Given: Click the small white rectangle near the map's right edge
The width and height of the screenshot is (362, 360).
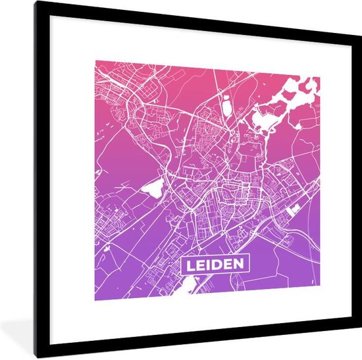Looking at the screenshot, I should [x=294, y=209].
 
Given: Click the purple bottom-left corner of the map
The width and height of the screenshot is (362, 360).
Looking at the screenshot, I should [x=95, y=299].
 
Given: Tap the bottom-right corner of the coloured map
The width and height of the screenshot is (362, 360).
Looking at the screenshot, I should [x=320, y=299].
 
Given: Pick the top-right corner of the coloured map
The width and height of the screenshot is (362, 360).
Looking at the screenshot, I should [x=320, y=76].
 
